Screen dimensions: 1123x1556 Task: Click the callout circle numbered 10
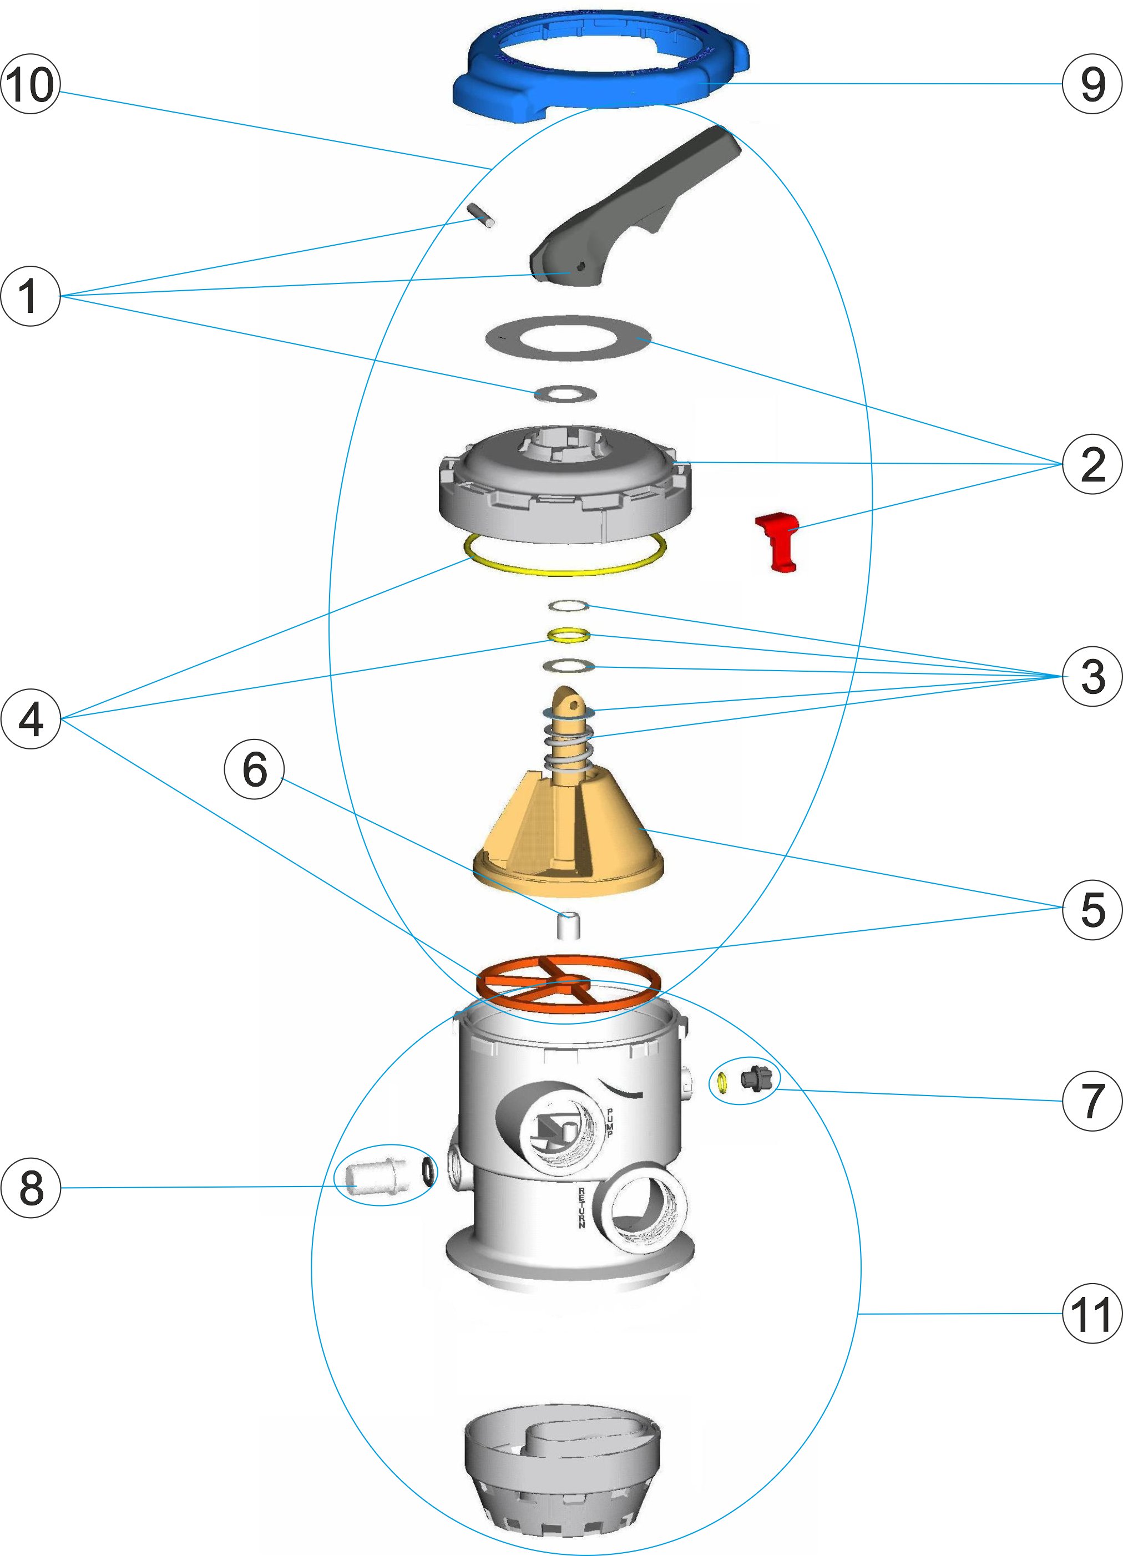[x=30, y=84]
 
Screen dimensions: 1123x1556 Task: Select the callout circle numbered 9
[x=1092, y=84]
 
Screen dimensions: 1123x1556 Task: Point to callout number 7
[x=1092, y=1101]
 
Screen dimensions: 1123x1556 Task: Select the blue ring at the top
[x=601, y=67]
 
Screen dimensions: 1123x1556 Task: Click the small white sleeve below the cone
[x=568, y=925]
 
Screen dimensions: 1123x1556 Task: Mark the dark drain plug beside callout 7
[x=757, y=1079]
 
